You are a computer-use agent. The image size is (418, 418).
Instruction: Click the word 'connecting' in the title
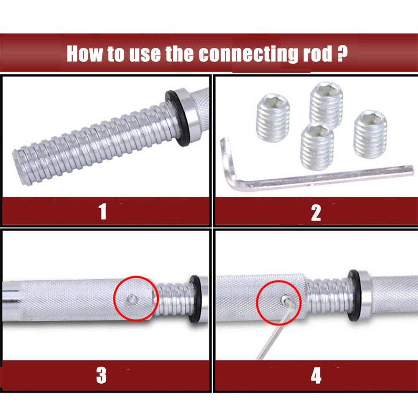(242, 54)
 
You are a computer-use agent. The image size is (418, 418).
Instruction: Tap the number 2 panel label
(316, 212)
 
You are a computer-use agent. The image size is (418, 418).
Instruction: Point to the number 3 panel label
(102, 375)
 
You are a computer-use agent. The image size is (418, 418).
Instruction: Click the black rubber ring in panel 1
(176, 119)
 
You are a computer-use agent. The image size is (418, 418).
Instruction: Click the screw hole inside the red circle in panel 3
(133, 298)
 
